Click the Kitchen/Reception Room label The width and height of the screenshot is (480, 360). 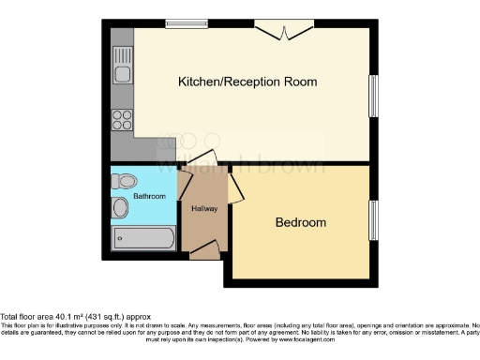pos(247,82)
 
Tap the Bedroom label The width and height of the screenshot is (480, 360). pos(300,223)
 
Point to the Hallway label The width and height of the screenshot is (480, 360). pos(203,208)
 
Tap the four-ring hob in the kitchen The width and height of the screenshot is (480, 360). pos(123,119)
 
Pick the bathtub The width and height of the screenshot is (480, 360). pos(142,238)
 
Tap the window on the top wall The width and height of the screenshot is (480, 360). pos(187,22)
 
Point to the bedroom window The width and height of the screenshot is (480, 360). pos(373,220)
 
